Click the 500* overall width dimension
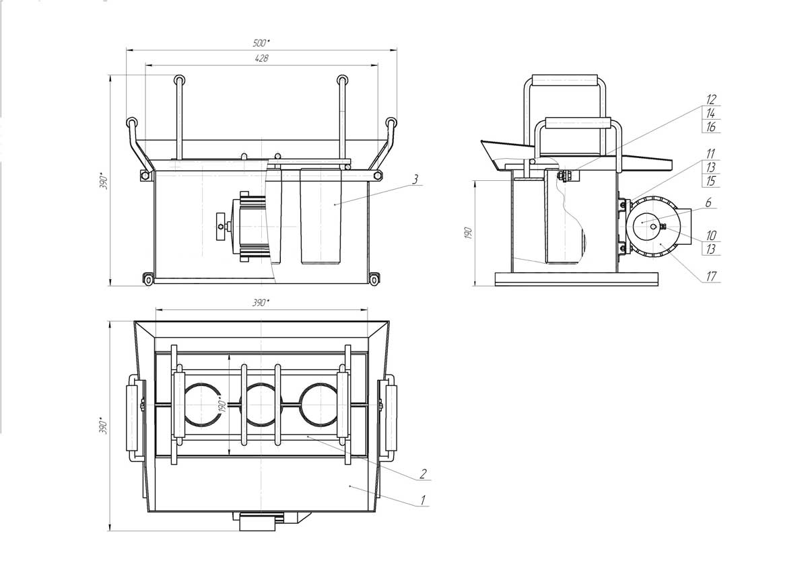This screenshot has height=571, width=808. pos(261,43)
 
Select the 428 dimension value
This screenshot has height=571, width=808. pos(261,58)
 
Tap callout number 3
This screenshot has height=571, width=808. pos(415,179)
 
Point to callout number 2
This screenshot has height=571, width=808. pos(423,473)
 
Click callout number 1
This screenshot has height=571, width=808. pos(423,500)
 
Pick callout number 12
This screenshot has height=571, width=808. pos(711,100)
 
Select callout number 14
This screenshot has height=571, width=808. pos(711,113)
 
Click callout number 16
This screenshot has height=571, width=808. pos(711,127)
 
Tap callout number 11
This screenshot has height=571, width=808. pos(710,154)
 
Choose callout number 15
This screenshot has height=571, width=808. pos(710,181)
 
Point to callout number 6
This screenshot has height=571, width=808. pos(708,203)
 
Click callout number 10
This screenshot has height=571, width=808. pos(711,235)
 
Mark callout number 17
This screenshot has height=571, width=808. pos(711,276)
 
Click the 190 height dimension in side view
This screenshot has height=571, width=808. pos(468,233)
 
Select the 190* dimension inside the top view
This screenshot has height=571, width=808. pos(222,406)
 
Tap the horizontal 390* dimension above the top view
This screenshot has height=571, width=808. pos(261,303)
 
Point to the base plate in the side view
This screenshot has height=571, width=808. pos(576,279)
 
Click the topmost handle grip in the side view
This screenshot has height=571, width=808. pos(565,79)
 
